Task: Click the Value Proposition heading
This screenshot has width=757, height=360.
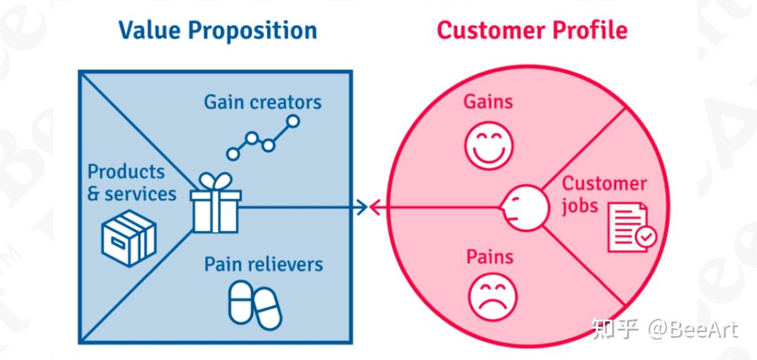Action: pyautogui.click(x=217, y=31)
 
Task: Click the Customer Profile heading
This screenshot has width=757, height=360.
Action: pyautogui.click(x=532, y=31)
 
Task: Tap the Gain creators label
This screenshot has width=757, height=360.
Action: pyautogui.click(x=262, y=102)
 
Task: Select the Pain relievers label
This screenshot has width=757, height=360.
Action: pyautogui.click(x=263, y=264)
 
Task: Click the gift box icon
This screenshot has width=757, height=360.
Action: pyautogui.click(x=215, y=209)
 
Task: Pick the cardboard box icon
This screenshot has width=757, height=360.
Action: pyautogui.click(x=129, y=238)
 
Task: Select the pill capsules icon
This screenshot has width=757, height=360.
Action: pyautogui.click(x=255, y=305)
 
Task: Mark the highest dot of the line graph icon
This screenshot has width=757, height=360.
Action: pyautogui.click(x=293, y=121)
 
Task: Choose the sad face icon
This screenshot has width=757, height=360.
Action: pyautogui.click(x=493, y=297)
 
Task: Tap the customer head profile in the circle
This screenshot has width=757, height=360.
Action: pyautogui.click(x=525, y=208)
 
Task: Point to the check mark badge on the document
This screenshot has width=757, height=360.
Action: pyautogui.click(x=645, y=237)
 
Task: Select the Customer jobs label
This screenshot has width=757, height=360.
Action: pyautogui.click(x=604, y=194)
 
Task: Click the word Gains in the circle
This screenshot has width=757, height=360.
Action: pyautogui.click(x=488, y=102)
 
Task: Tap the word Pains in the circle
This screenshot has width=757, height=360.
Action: pyautogui.click(x=489, y=257)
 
